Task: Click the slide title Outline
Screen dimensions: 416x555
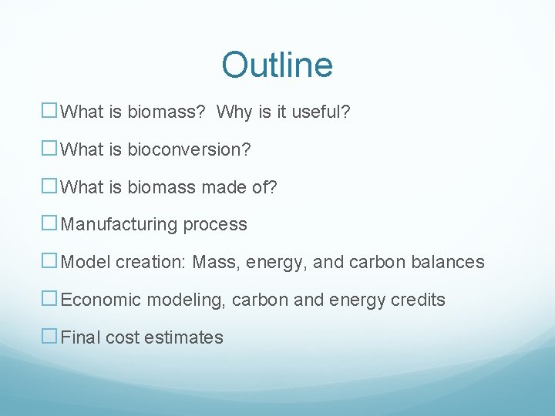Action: [277, 65]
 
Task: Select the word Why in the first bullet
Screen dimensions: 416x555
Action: [233, 112]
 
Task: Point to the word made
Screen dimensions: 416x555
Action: [224, 187]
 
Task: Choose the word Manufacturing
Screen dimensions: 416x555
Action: [119, 225]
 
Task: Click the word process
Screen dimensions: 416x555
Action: [215, 225]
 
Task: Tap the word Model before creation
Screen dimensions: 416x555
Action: [86, 262]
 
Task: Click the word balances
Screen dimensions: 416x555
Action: [449, 262]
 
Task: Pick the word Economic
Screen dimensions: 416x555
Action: [98, 300]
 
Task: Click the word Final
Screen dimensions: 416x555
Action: [80, 337]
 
